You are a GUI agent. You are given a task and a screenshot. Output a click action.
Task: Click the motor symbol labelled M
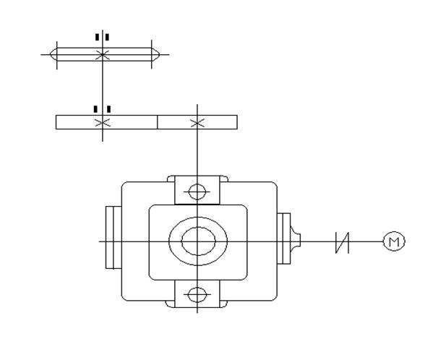click(x=394, y=241)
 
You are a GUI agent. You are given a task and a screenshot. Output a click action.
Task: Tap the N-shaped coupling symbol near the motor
click(x=342, y=242)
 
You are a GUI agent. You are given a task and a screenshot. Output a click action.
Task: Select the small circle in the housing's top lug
click(x=197, y=192)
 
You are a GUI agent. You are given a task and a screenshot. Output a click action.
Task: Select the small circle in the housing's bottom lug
click(x=197, y=295)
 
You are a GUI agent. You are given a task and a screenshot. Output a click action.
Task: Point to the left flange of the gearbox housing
click(x=113, y=237)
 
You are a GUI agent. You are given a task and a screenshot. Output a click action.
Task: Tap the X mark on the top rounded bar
click(x=103, y=55)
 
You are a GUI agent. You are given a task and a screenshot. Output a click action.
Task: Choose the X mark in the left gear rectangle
click(x=103, y=123)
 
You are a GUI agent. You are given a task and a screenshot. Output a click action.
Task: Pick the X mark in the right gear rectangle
click(x=197, y=123)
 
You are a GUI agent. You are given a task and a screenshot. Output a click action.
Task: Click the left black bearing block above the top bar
click(x=97, y=37)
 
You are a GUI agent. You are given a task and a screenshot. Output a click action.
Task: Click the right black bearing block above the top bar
click(x=107, y=37)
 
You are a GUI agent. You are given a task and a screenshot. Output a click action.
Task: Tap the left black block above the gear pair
click(x=95, y=109)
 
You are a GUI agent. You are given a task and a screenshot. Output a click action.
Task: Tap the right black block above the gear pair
click(x=108, y=109)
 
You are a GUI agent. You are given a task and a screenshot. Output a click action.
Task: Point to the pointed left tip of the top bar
click(x=51, y=54)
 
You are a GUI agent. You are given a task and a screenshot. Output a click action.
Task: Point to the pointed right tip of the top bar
click(x=159, y=54)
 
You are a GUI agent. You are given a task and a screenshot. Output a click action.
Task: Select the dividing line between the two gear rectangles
click(x=158, y=122)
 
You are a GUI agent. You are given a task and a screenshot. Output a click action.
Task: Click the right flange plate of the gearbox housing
click(x=283, y=239)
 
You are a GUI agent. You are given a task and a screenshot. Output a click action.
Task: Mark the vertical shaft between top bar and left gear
click(x=103, y=88)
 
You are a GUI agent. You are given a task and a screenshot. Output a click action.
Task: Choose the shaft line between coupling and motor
click(x=366, y=241)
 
